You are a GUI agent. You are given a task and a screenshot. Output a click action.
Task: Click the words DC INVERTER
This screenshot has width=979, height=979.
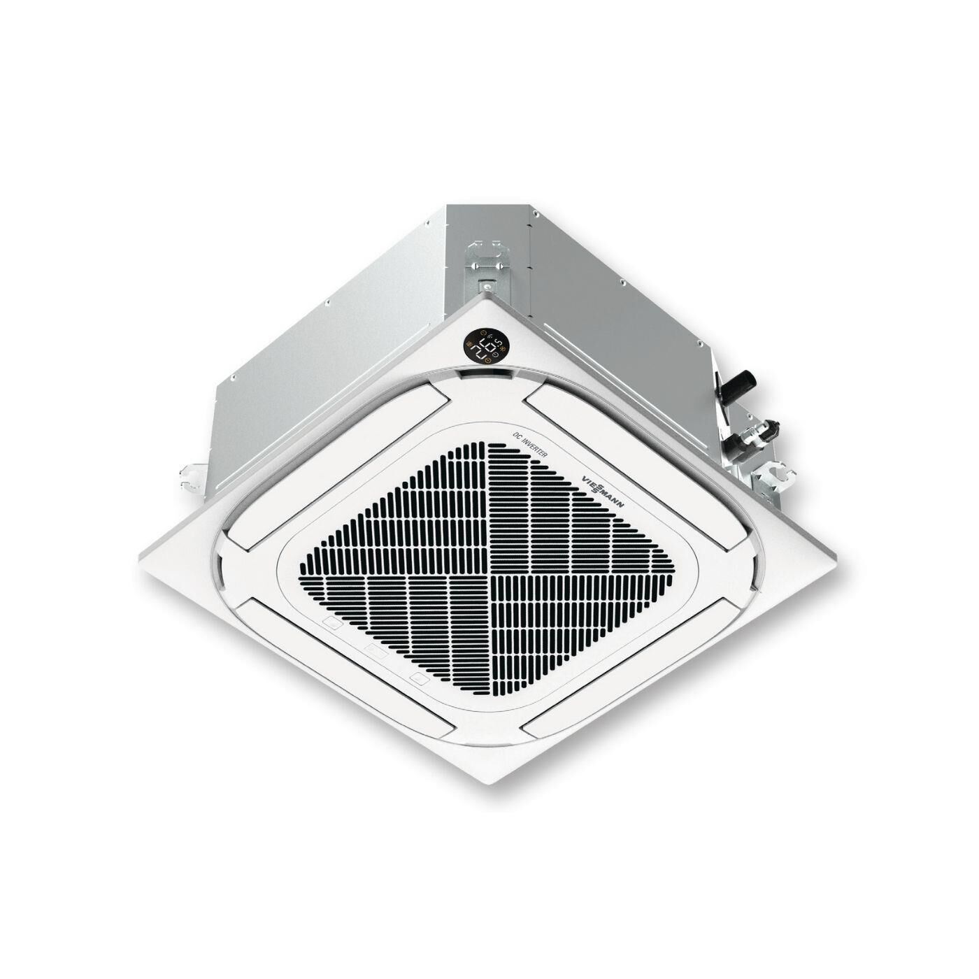coord(531,443)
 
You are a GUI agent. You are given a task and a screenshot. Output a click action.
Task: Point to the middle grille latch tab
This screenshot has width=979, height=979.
coord(376,650)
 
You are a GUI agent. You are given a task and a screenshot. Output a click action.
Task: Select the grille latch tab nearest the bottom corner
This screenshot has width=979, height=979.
coord(418,678)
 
